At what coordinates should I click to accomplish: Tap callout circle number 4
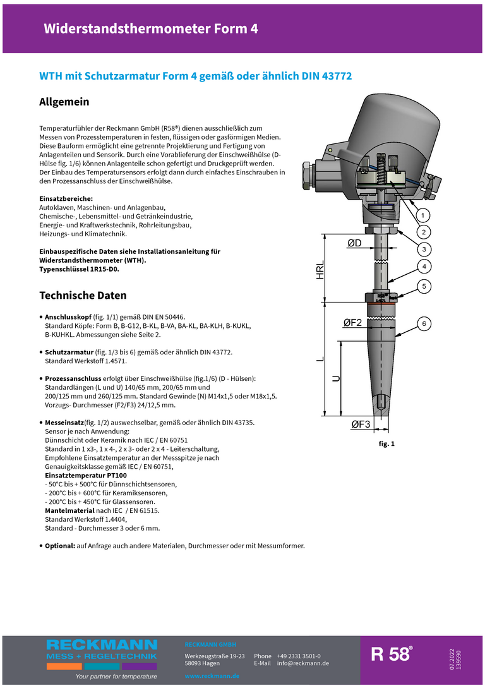pos(424,266)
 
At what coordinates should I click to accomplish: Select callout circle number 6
pos(424,324)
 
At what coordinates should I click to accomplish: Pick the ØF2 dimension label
pos(352,323)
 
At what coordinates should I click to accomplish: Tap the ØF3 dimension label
pos(360,424)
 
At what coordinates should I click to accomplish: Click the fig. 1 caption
pos(386,444)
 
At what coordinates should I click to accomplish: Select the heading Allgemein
pos(64,102)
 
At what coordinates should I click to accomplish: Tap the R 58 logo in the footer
pos(392,654)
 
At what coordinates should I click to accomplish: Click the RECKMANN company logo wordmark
pos(102,645)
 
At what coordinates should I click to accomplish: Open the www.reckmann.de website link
pos(212,676)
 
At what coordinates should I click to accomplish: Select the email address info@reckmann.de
pos(302,663)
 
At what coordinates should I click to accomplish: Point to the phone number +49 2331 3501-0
pos(298,656)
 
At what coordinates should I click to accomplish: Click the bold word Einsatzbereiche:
pos(66,198)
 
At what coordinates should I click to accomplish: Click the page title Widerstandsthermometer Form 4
pos(151,28)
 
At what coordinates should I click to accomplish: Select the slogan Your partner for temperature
pos(116,676)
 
